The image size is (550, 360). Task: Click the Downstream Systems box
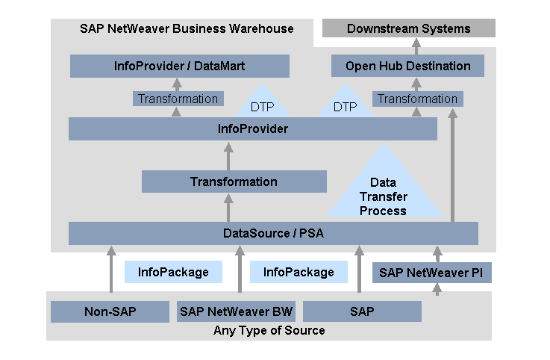[408, 28]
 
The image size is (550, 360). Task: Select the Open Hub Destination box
[407, 66]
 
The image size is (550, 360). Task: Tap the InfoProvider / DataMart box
[179, 66]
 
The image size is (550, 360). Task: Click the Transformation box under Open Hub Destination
[417, 99]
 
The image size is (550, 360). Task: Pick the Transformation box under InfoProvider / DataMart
[178, 99]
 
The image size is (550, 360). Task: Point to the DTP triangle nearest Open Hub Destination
[345, 105]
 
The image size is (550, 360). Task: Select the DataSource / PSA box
[273, 233]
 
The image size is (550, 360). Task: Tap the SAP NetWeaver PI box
[432, 273]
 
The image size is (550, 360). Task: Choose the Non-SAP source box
[110, 311]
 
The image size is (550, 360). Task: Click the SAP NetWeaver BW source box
[236, 311]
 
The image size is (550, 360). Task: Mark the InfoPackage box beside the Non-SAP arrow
[173, 273]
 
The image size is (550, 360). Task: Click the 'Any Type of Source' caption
[269, 330]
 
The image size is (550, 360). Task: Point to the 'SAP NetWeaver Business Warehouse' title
[187, 28]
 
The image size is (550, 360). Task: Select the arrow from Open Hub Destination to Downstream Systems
[416, 46]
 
